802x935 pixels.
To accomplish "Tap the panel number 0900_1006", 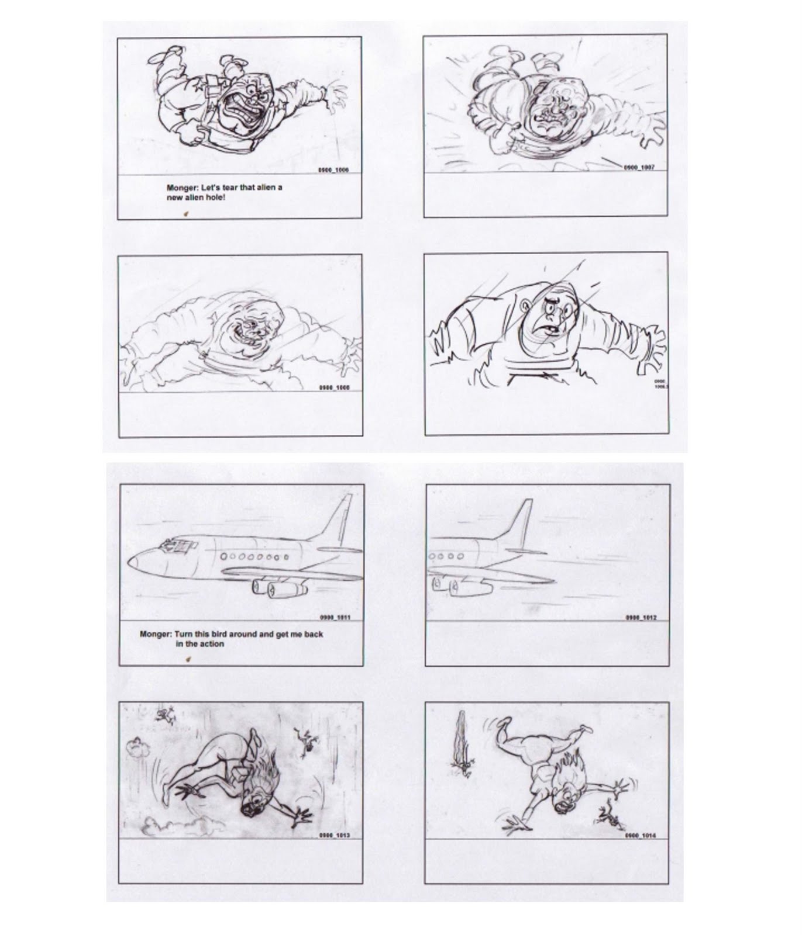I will [x=333, y=170].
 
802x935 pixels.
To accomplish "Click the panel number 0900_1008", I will [x=334, y=387].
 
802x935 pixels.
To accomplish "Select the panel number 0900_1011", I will [x=335, y=617].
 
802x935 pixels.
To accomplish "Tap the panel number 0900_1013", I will [x=335, y=835].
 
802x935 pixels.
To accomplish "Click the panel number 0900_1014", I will [x=641, y=835].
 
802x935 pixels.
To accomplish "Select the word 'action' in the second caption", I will [x=212, y=644].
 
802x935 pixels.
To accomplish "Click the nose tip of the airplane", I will [x=130, y=562].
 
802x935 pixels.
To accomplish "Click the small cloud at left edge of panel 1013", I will [x=137, y=748].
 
